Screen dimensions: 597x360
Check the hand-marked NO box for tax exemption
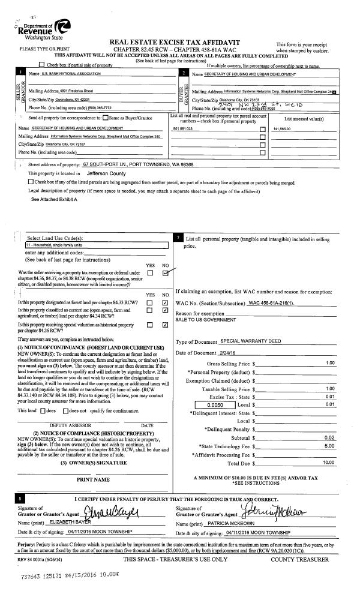164,273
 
